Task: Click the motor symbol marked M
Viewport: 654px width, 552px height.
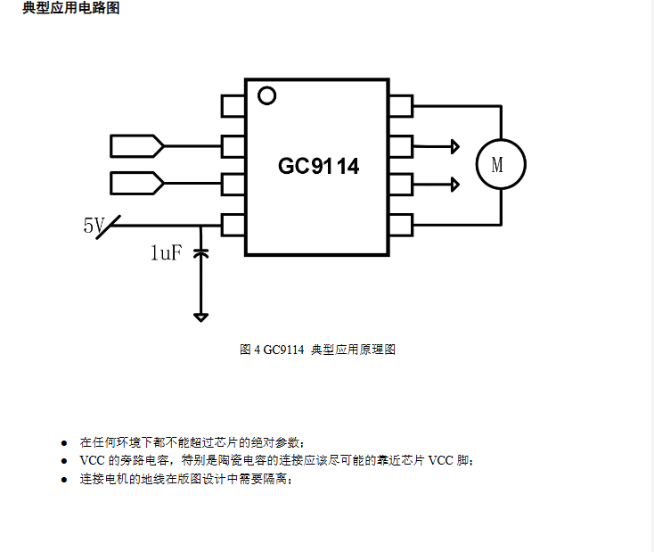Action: click(501, 164)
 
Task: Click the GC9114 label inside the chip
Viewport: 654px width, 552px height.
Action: click(318, 166)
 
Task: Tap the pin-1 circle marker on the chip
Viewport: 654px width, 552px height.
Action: click(266, 94)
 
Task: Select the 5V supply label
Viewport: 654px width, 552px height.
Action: click(94, 227)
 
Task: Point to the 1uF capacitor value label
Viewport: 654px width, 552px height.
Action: click(166, 253)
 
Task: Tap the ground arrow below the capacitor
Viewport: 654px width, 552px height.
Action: click(201, 316)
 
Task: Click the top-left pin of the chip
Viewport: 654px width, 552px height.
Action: click(233, 106)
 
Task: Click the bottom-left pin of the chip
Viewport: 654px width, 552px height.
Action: click(233, 224)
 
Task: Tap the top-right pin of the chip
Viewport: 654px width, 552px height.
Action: click(401, 106)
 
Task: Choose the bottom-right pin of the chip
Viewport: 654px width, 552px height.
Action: click(401, 224)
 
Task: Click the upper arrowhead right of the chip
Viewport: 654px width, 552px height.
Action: click(454, 145)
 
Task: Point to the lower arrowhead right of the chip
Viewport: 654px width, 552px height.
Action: click(454, 185)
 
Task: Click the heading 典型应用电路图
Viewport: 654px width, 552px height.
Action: click(70, 8)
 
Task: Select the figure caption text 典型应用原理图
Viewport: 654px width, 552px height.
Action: click(353, 350)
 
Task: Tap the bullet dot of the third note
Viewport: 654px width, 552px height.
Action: click(64, 480)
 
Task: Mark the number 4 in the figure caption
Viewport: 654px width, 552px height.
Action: click(257, 350)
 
